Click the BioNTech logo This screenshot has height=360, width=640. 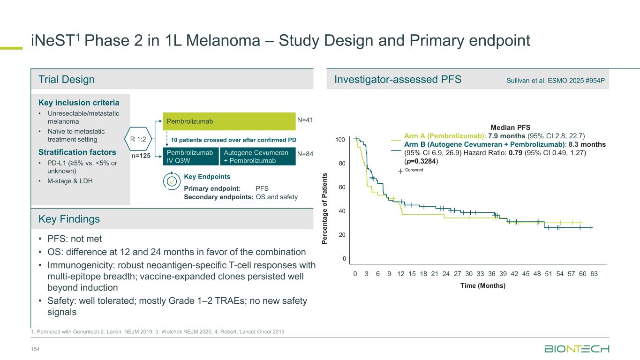pyautogui.click(x=577, y=349)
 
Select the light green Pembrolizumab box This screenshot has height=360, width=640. pyautogui.click(x=228, y=121)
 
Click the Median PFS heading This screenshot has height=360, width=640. pyautogui.click(x=510, y=127)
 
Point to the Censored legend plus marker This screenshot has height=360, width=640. pyautogui.click(x=400, y=171)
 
